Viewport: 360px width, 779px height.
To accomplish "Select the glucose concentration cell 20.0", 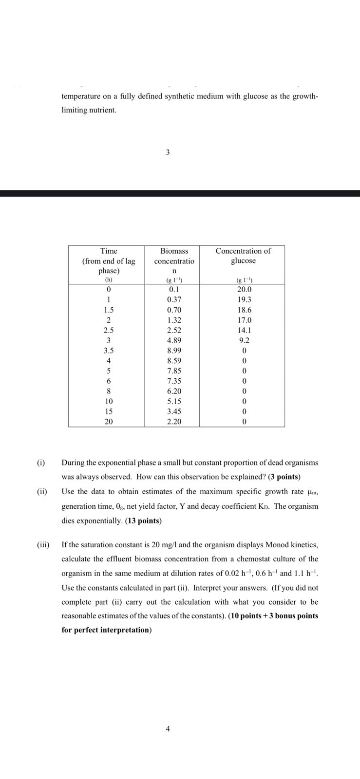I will click(243, 289).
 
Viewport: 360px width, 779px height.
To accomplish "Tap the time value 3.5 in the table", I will click(109, 351).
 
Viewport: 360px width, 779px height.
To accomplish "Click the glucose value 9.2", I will click(243, 340).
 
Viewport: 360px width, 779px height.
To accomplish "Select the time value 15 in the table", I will click(109, 411).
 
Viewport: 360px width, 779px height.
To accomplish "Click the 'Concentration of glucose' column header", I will click(243, 256).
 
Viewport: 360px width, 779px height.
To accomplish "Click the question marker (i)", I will click(41, 463).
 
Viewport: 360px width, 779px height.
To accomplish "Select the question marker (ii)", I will click(42, 492).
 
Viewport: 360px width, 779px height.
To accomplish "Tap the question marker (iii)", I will click(43, 544).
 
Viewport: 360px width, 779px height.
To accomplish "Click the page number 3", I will click(168, 152).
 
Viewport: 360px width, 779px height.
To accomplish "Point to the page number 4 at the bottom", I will click(168, 729).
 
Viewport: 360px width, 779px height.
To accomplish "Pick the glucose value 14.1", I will click(243, 330).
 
